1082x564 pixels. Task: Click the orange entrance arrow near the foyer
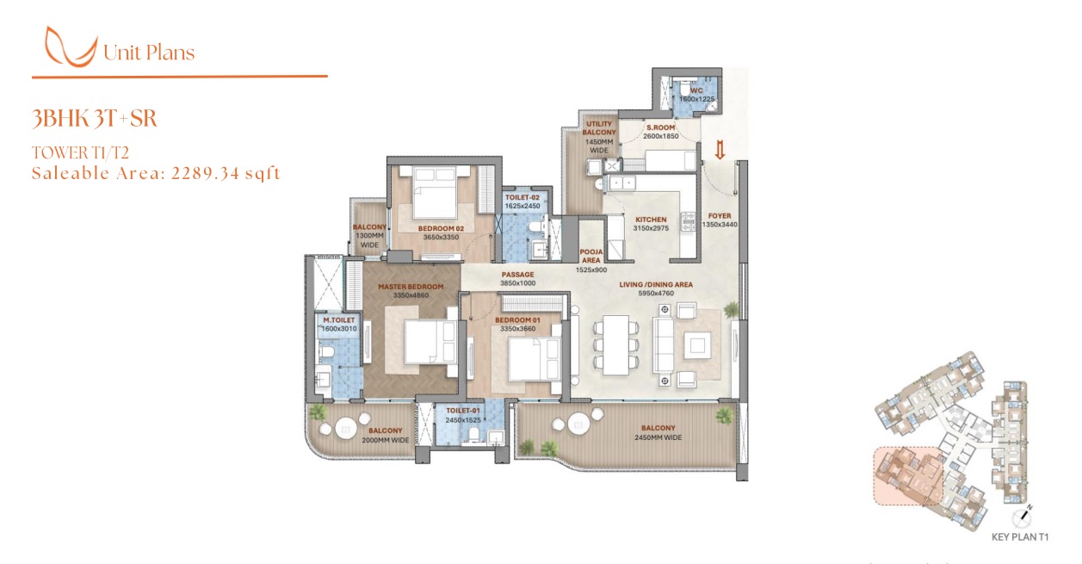tap(720, 150)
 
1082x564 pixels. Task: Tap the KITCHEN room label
tap(651, 220)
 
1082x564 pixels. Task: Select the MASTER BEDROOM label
tap(411, 287)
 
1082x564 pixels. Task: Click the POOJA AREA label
tap(591, 256)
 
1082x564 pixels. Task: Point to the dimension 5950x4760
tap(656, 294)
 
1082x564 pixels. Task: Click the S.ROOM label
tap(661, 127)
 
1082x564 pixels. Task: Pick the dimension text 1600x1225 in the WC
tap(696, 99)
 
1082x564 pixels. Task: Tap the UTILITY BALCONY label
tap(599, 128)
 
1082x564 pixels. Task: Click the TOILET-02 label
tap(522, 198)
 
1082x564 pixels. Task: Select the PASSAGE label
tap(518, 275)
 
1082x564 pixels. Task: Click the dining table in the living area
tap(615, 344)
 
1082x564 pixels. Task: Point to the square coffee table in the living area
tap(697, 345)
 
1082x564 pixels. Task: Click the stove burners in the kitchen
tap(688, 221)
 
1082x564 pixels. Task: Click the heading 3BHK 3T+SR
tap(95, 119)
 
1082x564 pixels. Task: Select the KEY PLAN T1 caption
tap(1020, 537)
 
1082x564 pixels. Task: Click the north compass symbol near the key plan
tap(1022, 518)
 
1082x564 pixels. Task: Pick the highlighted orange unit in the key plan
tap(908, 476)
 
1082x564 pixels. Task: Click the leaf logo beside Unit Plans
tap(71, 46)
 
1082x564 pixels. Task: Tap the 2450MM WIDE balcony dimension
tap(658, 438)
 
